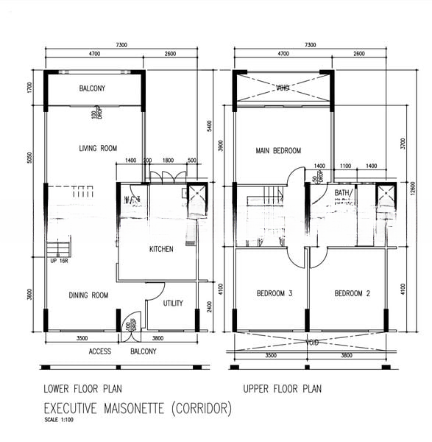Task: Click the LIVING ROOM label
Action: pos(98,149)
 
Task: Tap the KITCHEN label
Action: pos(161,249)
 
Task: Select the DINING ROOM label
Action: pos(88,295)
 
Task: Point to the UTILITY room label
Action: pos(173,303)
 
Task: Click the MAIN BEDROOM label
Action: pos(278,151)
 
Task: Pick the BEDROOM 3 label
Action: pos(275,294)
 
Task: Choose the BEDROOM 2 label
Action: pos(352,294)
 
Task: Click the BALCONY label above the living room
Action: pos(92,89)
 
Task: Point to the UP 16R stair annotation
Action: pos(57,261)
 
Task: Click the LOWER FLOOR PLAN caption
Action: pos(82,388)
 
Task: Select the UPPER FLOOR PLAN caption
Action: pos(282,388)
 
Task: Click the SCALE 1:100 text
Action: pos(60,421)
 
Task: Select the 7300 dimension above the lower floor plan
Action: pos(121,46)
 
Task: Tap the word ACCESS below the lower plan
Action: pos(100,351)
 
